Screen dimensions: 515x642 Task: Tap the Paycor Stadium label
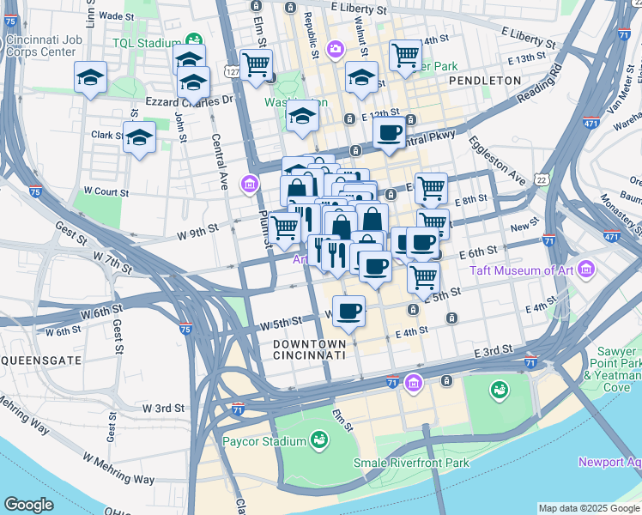click(x=264, y=441)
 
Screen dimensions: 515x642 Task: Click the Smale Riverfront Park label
click(x=412, y=463)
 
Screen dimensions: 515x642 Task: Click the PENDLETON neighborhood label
click(x=484, y=80)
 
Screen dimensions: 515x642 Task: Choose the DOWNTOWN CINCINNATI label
click(x=309, y=348)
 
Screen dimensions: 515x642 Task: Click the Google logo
click(x=29, y=505)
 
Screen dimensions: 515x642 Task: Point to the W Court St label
click(x=106, y=193)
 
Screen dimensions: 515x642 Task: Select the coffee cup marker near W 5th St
click(x=348, y=311)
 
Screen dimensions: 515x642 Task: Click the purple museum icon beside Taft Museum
click(x=586, y=270)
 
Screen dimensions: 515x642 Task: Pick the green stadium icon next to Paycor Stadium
click(x=319, y=440)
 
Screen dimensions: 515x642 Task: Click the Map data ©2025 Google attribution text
click(x=588, y=508)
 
